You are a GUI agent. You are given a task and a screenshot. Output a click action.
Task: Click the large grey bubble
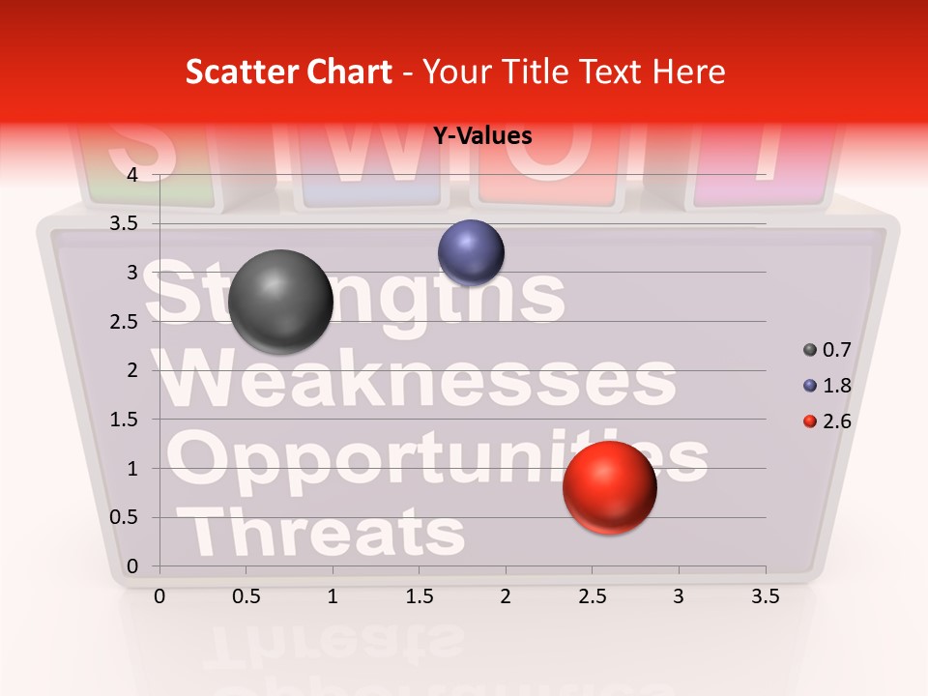(x=280, y=302)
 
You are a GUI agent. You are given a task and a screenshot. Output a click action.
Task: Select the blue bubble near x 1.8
(x=471, y=252)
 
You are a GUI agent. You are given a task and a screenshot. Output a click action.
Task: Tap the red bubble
(x=609, y=487)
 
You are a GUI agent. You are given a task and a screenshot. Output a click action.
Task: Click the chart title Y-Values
(x=481, y=135)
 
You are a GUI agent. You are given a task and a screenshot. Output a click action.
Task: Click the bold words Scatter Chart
(x=288, y=72)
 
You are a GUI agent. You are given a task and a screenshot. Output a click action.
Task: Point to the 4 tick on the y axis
(x=132, y=174)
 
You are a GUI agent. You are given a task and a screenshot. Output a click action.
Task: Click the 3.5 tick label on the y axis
(x=125, y=223)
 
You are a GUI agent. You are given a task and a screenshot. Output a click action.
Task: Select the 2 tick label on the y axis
(x=132, y=370)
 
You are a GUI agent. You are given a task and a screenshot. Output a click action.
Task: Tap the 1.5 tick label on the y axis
(x=125, y=420)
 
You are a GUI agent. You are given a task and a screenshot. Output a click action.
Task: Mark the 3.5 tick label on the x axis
(x=765, y=597)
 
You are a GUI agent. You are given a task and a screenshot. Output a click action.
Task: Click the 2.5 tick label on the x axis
(x=592, y=597)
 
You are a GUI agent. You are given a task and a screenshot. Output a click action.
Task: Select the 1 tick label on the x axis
(x=333, y=597)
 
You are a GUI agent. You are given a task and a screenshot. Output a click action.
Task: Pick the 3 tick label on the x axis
(x=679, y=597)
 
